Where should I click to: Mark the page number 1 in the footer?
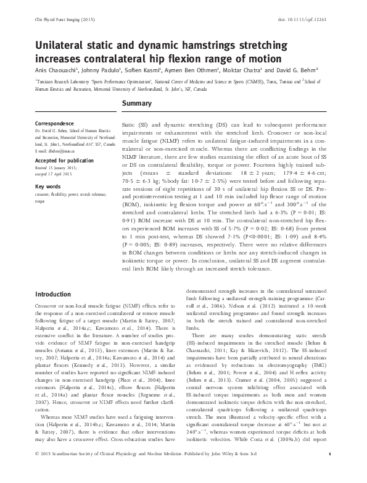pyautogui.click(x=331, y=472)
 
